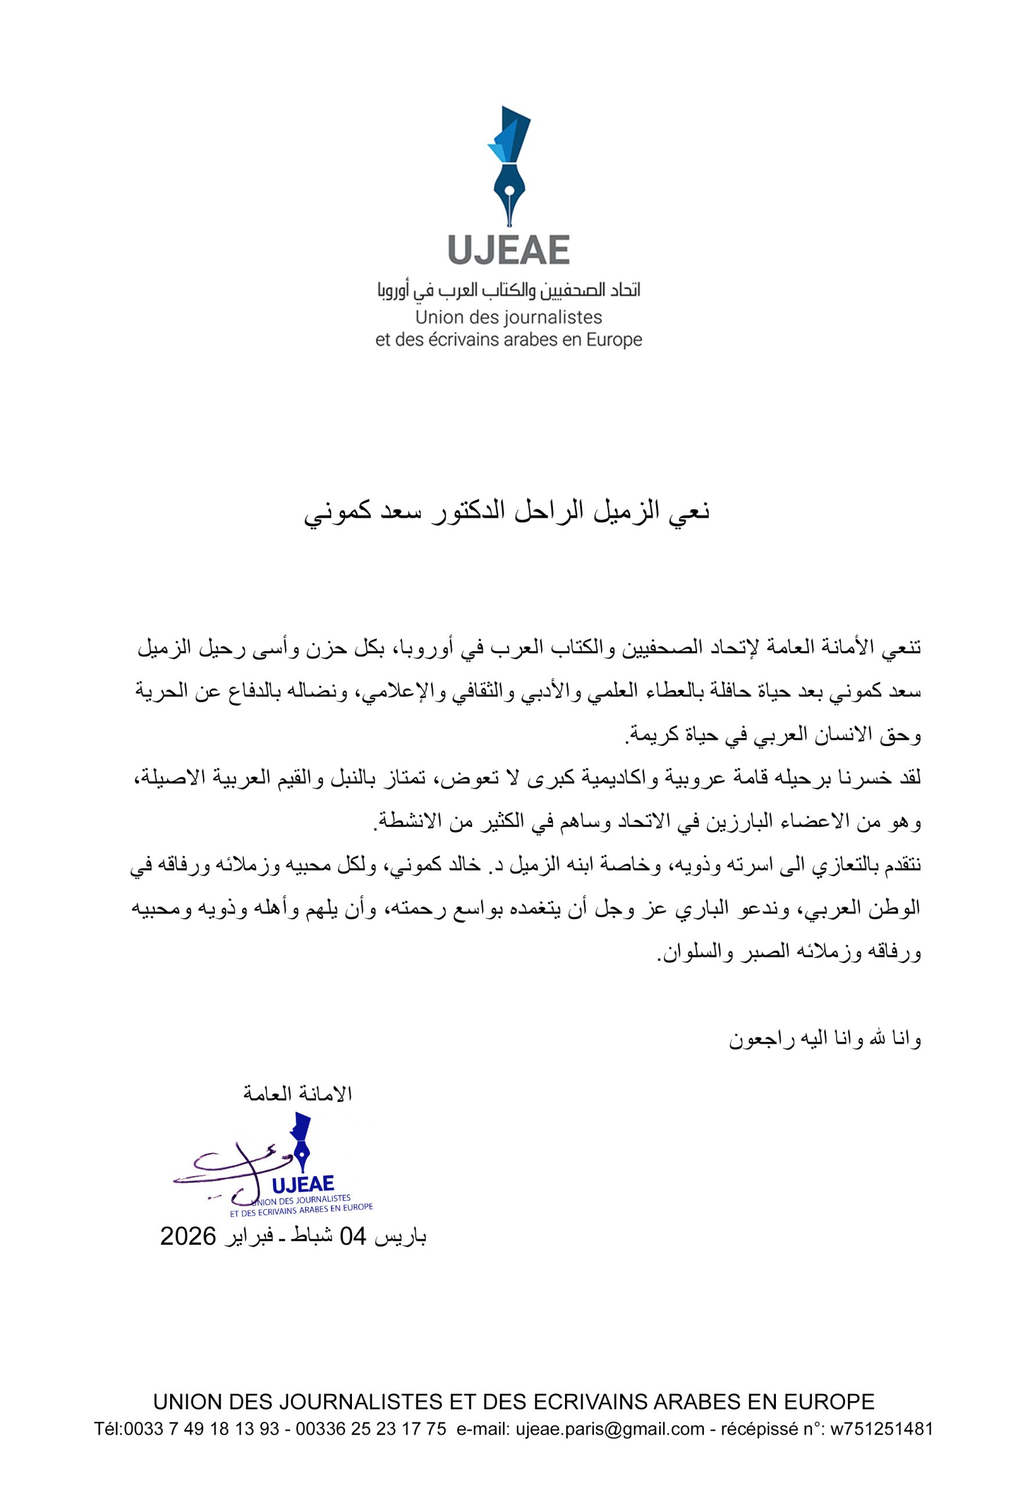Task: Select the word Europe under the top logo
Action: [614, 340]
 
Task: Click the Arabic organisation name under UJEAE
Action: [509, 290]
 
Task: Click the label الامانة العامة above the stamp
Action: [298, 1094]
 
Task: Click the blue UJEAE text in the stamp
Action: [303, 1183]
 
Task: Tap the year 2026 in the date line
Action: [188, 1236]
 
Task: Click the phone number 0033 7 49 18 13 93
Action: [201, 1429]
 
